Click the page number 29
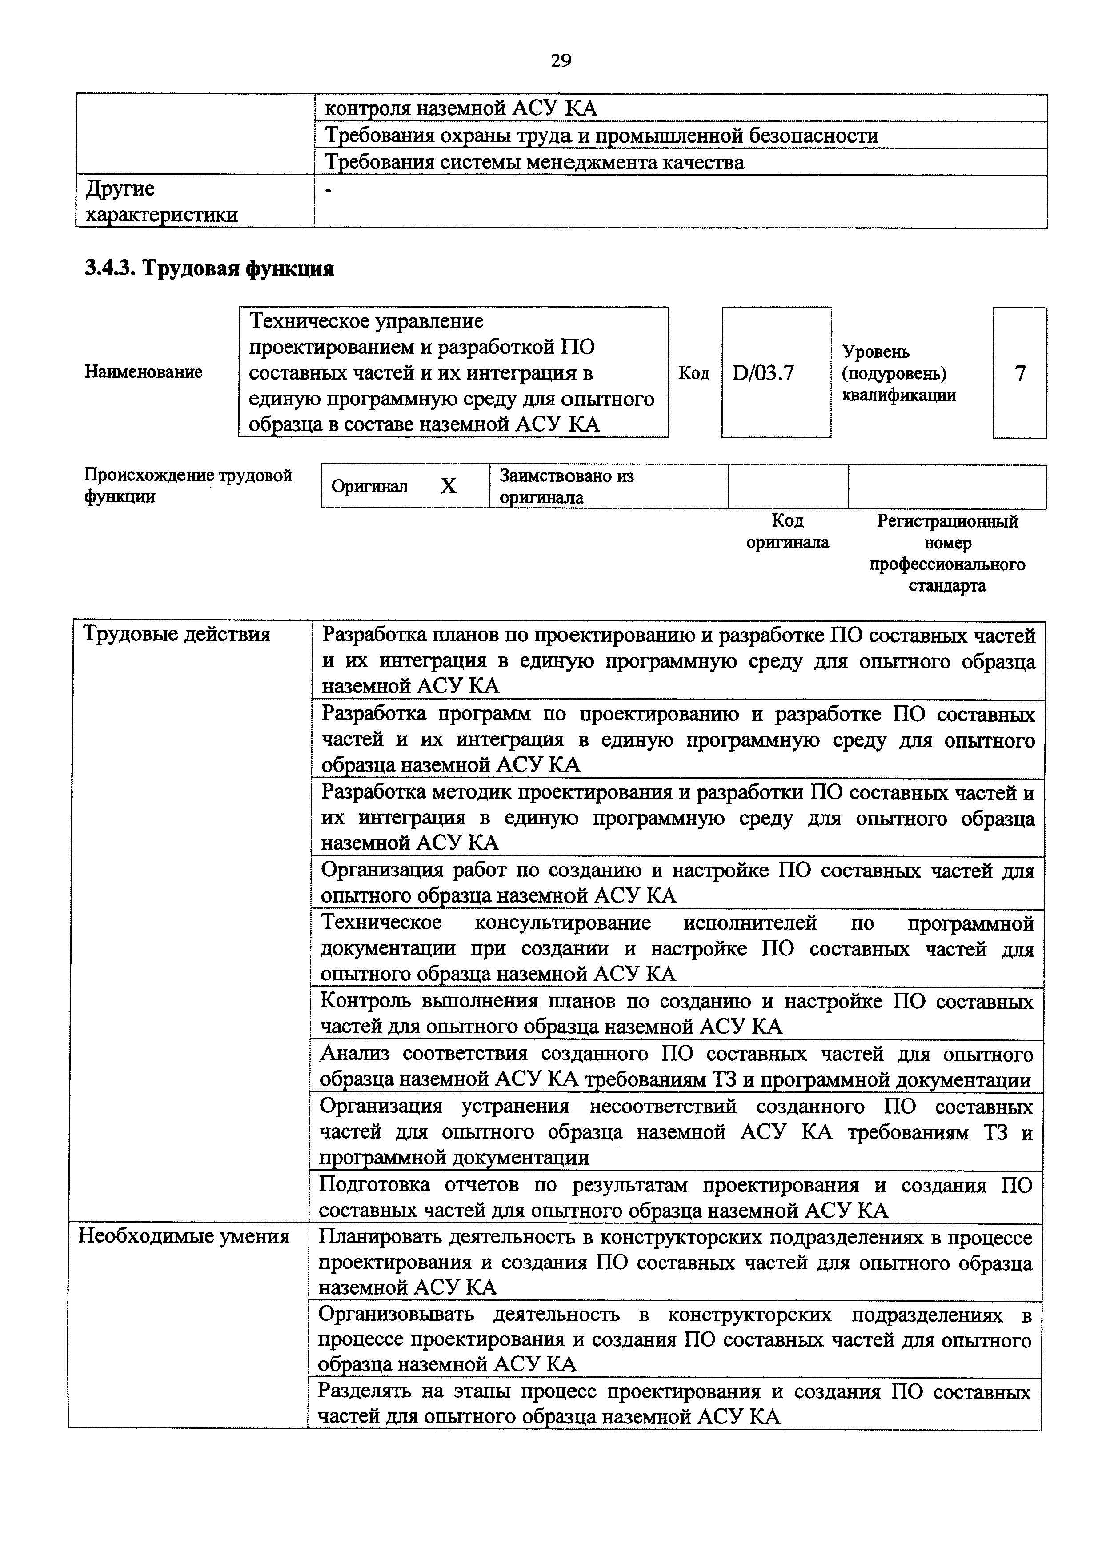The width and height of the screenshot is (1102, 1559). coord(560,61)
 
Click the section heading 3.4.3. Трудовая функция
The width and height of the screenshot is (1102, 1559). coord(209,269)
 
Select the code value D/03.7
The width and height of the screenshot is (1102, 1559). coord(763,373)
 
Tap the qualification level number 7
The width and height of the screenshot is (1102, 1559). coord(1019,373)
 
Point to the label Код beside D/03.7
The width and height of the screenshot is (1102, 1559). coord(694,373)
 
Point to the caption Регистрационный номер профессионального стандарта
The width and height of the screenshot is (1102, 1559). coord(947,553)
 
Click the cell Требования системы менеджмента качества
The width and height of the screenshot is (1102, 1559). coord(534,162)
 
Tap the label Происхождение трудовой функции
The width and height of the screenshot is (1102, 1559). coord(188,485)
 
